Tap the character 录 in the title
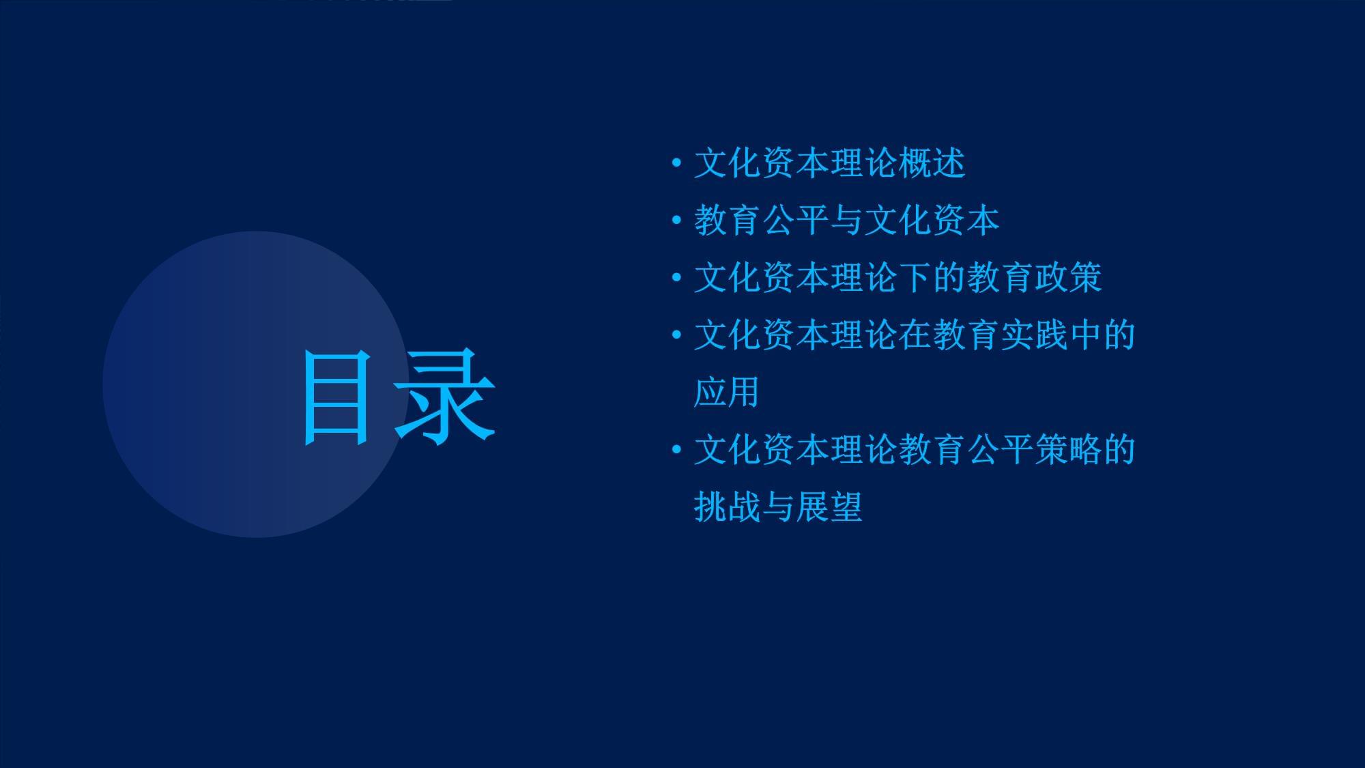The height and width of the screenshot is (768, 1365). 444,397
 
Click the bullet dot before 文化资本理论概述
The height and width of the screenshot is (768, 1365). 676,163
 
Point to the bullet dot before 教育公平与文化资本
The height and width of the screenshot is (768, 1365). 676,221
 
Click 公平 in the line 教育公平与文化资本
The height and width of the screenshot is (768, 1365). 796,221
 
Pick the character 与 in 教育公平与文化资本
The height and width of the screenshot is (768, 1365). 847,221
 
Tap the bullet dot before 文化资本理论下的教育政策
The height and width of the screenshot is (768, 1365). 676,278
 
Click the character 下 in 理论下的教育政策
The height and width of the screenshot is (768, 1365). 915,279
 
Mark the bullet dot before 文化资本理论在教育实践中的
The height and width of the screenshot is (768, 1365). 676,335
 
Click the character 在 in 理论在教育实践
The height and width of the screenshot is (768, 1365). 915,336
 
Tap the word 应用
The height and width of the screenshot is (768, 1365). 728,393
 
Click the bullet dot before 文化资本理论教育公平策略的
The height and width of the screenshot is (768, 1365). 676,450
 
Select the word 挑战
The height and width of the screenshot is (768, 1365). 728,508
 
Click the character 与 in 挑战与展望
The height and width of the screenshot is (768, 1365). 779,508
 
